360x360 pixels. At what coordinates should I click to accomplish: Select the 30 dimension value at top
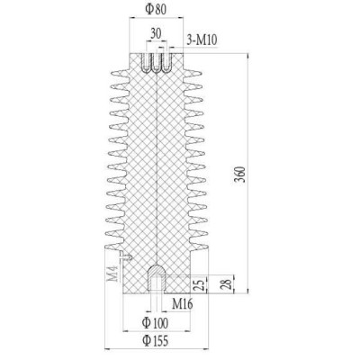pos(157,32)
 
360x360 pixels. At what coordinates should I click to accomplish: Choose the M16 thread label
pos(183,303)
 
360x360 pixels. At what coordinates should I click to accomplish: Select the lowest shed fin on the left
pos(114,246)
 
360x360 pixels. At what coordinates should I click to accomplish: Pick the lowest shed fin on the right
pos(200,246)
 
